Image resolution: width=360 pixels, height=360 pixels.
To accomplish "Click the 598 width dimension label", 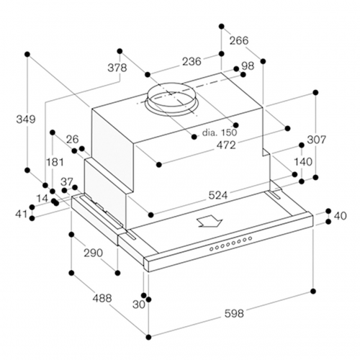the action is [234, 313].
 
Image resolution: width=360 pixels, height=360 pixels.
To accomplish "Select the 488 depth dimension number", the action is [102, 298].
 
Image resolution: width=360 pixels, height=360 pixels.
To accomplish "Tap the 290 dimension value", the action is [93, 253].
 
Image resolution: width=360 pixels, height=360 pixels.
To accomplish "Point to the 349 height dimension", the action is [26, 119].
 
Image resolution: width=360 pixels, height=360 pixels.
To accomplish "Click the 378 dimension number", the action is [117, 68].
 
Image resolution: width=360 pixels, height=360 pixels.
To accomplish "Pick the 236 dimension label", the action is [192, 61].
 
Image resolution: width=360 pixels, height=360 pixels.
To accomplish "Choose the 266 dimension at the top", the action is [239, 40].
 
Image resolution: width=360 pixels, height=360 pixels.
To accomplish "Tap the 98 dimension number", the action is [248, 66].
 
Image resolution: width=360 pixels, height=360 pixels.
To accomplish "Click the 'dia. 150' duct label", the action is [220, 132].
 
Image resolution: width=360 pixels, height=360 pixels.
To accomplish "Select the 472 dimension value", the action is [226, 145].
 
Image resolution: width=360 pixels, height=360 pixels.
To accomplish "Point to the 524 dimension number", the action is [218, 195].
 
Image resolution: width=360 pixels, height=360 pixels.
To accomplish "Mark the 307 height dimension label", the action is [317, 140].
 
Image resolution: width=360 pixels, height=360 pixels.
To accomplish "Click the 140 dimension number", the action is [303, 162].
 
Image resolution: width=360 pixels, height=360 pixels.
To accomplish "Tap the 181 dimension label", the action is [55, 162].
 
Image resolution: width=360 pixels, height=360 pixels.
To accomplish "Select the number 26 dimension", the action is [73, 139].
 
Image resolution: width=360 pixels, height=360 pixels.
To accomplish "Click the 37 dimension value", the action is [66, 182].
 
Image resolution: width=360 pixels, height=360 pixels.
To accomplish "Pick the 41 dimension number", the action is [22, 214].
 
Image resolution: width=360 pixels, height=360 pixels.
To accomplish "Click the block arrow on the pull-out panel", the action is [210, 221].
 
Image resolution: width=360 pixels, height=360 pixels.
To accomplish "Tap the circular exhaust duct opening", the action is [171, 99].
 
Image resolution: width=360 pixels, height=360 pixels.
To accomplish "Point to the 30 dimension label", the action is [139, 305].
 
